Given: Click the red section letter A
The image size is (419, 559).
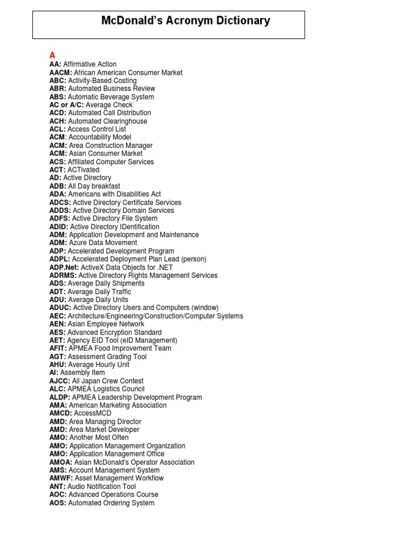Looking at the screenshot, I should click(52, 55).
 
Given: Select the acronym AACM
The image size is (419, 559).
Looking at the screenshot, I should click(60, 73).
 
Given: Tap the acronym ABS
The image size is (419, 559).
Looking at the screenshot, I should click(57, 97).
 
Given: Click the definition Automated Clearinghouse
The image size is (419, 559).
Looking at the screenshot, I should click(107, 121).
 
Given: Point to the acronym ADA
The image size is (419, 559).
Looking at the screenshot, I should click(58, 194).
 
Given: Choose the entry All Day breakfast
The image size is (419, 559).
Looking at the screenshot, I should click(94, 186).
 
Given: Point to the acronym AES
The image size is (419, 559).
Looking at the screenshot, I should click(57, 332).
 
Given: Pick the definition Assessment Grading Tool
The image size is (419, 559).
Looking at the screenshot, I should click(107, 357).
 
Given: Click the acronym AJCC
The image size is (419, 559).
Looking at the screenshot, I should click(59, 381).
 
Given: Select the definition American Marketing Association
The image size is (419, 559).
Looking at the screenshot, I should click(118, 406).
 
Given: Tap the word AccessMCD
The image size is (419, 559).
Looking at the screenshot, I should click(93, 414).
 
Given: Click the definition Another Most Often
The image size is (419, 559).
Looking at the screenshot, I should click(99, 438).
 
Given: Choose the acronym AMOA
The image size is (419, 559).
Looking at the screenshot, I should click(61, 462).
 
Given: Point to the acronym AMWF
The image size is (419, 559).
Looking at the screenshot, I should click(61, 478).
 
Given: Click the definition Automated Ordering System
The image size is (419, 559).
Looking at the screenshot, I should click(111, 503).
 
